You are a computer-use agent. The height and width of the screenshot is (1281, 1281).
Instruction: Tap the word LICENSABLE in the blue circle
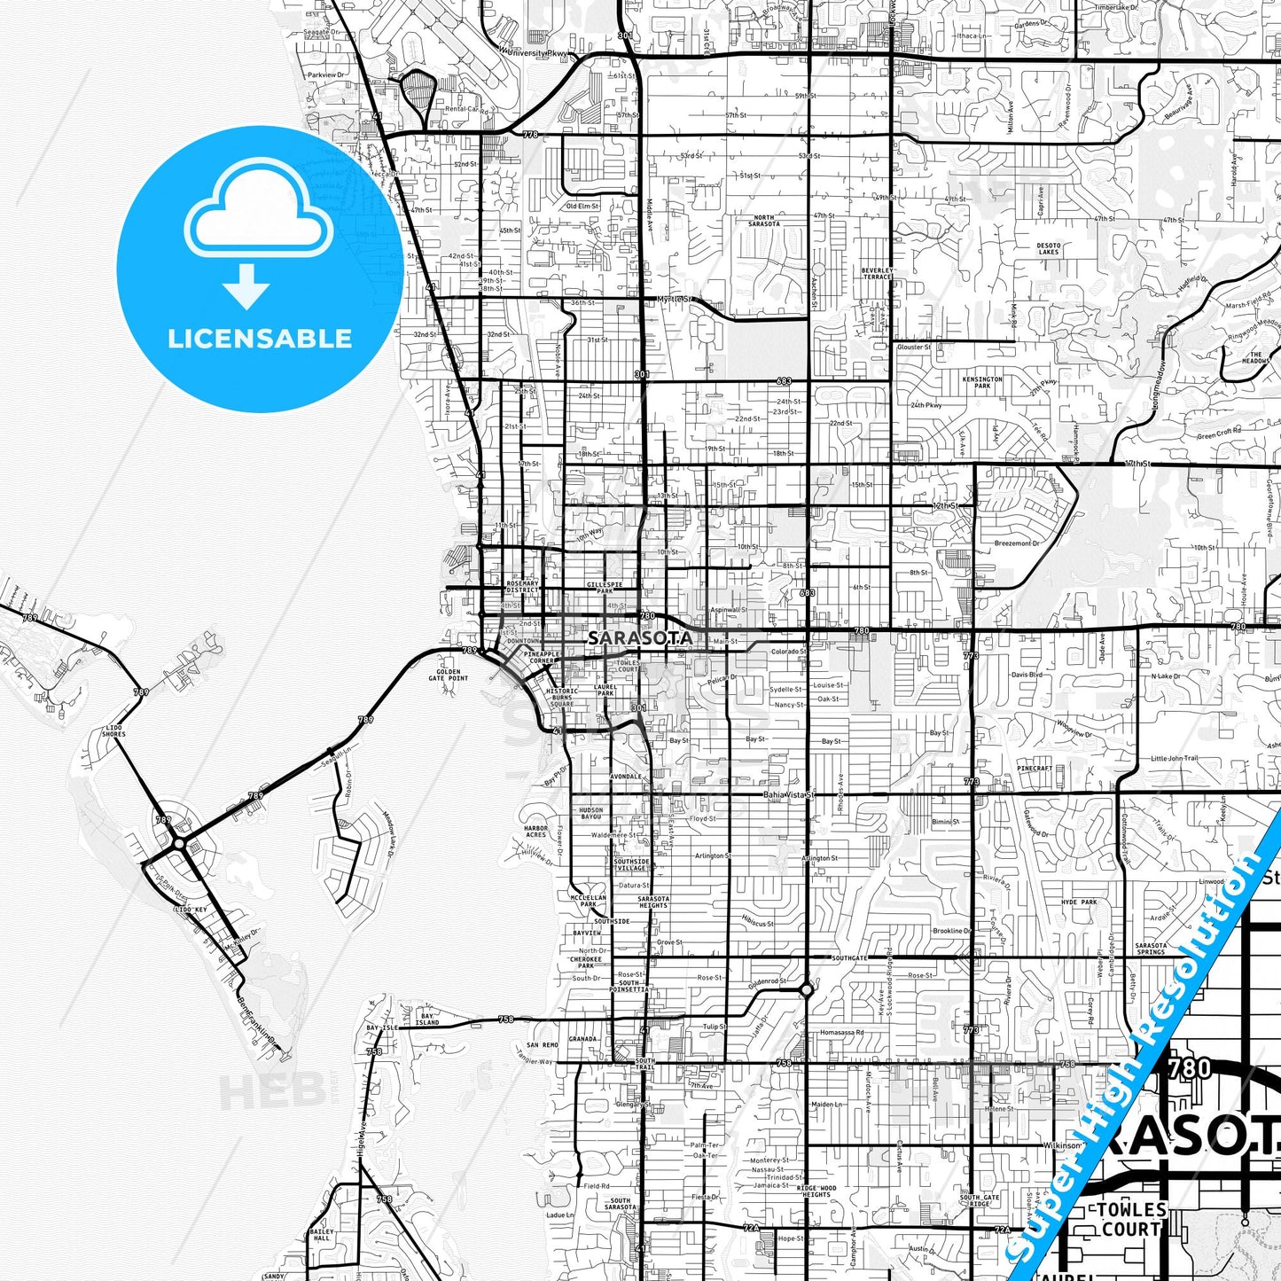[260, 339]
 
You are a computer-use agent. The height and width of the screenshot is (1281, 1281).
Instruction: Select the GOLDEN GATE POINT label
[449, 675]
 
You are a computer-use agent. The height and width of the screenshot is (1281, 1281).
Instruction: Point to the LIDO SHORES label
[113, 731]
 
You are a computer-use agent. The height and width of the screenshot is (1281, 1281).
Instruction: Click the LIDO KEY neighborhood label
[191, 910]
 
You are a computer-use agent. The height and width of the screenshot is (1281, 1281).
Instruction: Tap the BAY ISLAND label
[427, 1019]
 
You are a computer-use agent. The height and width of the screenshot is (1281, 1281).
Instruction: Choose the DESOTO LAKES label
[1049, 248]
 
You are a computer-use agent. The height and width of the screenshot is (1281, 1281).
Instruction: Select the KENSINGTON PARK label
[982, 382]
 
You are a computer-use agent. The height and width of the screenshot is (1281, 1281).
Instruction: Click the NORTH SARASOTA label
[764, 221]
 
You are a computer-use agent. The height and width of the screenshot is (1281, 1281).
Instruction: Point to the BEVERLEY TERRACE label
[877, 273]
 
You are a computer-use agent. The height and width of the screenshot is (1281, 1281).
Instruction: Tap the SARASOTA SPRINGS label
[1151, 949]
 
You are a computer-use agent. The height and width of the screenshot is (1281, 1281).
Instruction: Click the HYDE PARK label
[1079, 902]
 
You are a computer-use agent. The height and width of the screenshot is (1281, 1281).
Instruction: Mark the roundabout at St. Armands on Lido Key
[179, 843]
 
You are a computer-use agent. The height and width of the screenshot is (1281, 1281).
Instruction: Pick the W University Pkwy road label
[534, 53]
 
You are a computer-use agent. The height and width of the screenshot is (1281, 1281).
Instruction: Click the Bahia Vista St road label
[788, 795]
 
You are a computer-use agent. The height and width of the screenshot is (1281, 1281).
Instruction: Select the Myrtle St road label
[675, 300]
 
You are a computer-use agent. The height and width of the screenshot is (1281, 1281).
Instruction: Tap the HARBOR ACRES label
[535, 832]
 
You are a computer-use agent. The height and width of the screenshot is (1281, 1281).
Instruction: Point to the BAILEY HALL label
[322, 1235]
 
